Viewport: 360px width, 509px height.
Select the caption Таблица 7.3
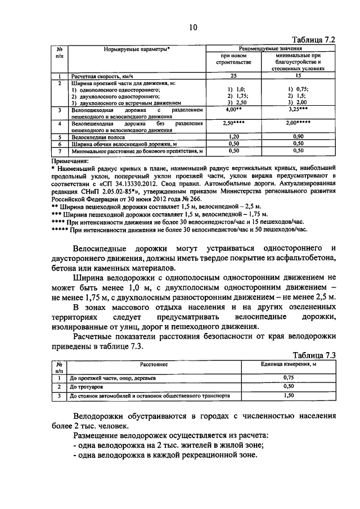click(315, 355)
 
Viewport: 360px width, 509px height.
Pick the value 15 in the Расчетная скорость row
click(299, 76)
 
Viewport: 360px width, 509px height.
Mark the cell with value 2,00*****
click(299, 123)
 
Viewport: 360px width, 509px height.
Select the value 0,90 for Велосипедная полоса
click(299, 137)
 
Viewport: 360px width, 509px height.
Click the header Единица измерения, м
click(289, 364)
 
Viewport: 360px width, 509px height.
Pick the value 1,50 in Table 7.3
click(289, 396)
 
